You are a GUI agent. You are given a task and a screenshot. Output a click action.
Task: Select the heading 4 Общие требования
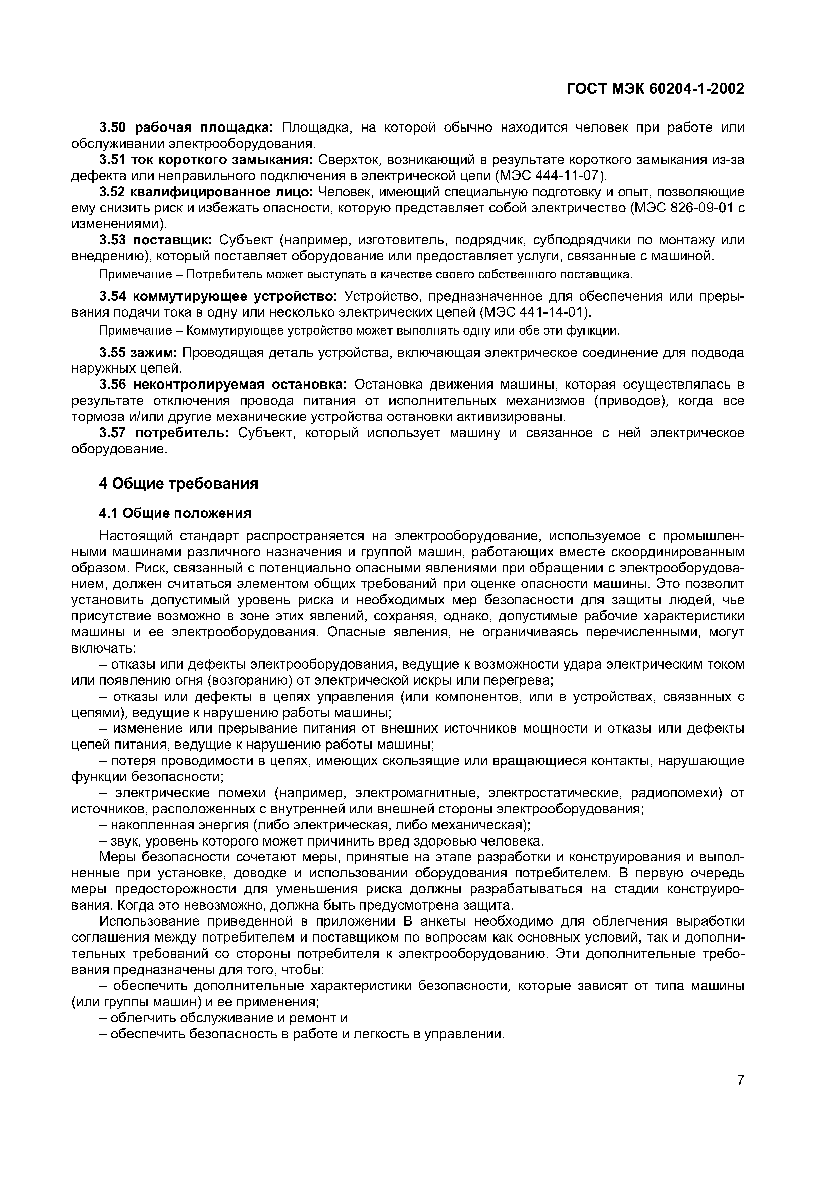tap(178, 483)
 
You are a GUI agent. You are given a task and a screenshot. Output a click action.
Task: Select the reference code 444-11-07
tap(568, 176)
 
